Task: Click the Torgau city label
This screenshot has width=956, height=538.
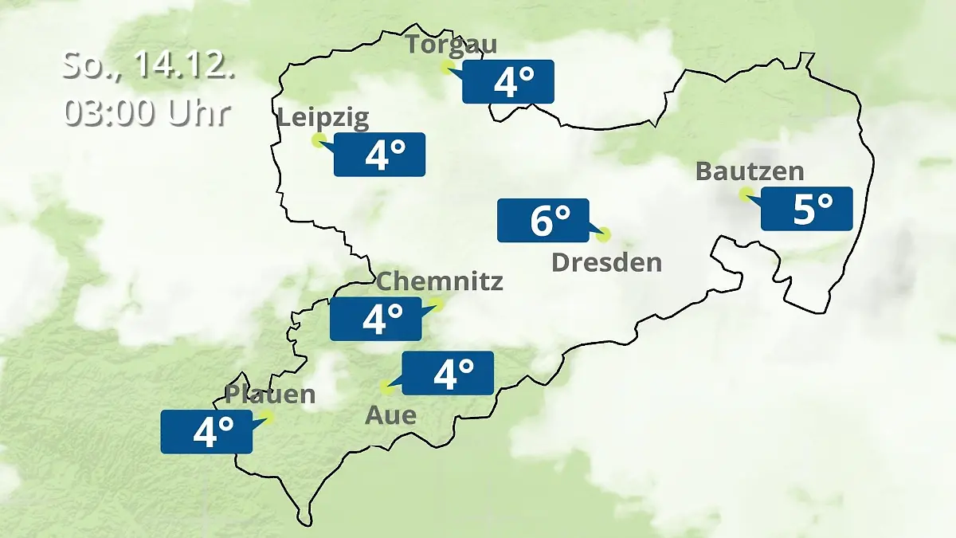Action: pyautogui.click(x=451, y=44)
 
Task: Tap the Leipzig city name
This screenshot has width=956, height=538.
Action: pyautogui.click(x=323, y=119)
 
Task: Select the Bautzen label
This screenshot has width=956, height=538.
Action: pyautogui.click(x=750, y=171)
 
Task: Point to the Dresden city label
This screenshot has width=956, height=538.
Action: pyautogui.click(x=606, y=262)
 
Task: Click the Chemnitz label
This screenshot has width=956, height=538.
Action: pyautogui.click(x=439, y=281)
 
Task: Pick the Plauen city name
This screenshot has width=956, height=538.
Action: pyautogui.click(x=270, y=394)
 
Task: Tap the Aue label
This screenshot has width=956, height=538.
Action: pyautogui.click(x=390, y=415)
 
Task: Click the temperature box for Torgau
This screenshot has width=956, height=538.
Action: pyautogui.click(x=508, y=81)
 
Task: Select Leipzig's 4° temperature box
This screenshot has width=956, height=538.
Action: pyautogui.click(x=379, y=155)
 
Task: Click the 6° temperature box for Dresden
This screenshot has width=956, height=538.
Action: pyautogui.click(x=543, y=220)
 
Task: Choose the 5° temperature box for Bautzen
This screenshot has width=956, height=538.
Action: pyautogui.click(x=806, y=209)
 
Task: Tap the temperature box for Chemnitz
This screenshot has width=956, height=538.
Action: pyautogui.click(x=376, y=319)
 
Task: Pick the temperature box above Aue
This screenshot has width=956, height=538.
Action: pyautogui.click(x=448, y=373)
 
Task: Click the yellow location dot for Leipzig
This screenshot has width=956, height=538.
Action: pyautogui.click(x=318, y=141)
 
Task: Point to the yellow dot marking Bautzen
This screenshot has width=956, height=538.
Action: pyautogui.click(x=745, y=194)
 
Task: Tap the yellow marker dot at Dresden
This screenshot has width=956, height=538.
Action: pyautogui.click(x=604, y=234)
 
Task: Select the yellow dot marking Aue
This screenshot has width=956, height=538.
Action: pyautogui.click(x=387, y=388)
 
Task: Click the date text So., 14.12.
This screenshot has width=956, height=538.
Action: pyautogui.click(x=148, y=65)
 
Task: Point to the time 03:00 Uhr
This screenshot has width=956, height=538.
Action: pyautogui.click(x=148, y=112)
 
